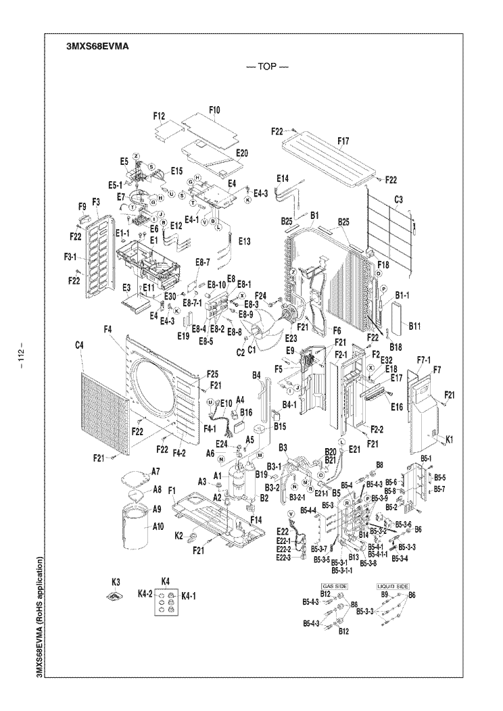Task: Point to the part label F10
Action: pyautogui.click(x=214, y=110)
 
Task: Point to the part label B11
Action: pyautogui.click(x=414, y=326)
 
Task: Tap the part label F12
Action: pyautogui.click(x=160, y=117)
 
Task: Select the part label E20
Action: pyautogui.click(x=241, y=153)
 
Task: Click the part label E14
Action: pyautogui.click(x=282, y=178)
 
